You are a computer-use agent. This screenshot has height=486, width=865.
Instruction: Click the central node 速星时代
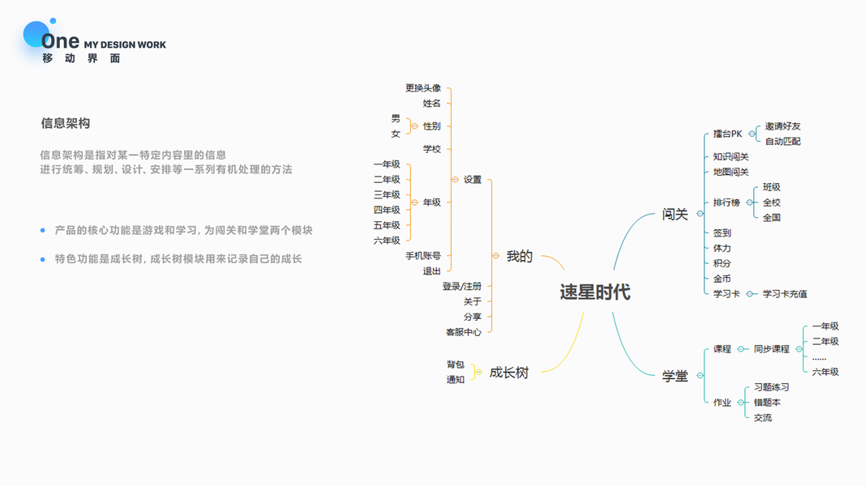tap(594, 292)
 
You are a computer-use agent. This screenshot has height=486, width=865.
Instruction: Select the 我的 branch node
tap(520, 256)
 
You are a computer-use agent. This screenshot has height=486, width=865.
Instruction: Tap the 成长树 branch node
tap(508, 373)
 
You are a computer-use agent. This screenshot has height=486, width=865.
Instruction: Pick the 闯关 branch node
tap(674, 214)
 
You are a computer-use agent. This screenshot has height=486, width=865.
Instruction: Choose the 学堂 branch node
tap(674, 376)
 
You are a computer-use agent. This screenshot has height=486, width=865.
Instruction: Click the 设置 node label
tap(473, 180)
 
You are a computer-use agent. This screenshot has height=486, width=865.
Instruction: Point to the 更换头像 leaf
tap(423, 88)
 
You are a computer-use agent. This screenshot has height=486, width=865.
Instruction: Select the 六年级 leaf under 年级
tap(387, 241)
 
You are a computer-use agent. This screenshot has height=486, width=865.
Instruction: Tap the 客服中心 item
tap(463, 332)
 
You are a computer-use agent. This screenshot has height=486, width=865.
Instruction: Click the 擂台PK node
tap(727, 134)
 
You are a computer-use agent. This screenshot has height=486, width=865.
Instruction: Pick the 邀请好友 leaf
tap(782, 126)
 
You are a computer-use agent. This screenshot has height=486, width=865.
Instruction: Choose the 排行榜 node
tap(726, 202)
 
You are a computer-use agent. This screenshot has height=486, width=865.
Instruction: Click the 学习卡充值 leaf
tap(785, 294)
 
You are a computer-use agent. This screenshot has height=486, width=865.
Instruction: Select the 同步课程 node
tap(771, 349)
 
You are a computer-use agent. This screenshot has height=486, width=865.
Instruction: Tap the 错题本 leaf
tap(767, 403)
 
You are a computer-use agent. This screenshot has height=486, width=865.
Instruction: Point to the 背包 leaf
tap(455, 365)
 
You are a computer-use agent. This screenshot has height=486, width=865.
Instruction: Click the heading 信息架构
tap(66, 123)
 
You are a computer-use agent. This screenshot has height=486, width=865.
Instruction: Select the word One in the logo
tap(61, 40)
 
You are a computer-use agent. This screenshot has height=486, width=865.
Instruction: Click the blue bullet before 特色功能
tap(43, 259)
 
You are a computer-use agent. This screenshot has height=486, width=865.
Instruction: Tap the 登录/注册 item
tap(461, 287)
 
